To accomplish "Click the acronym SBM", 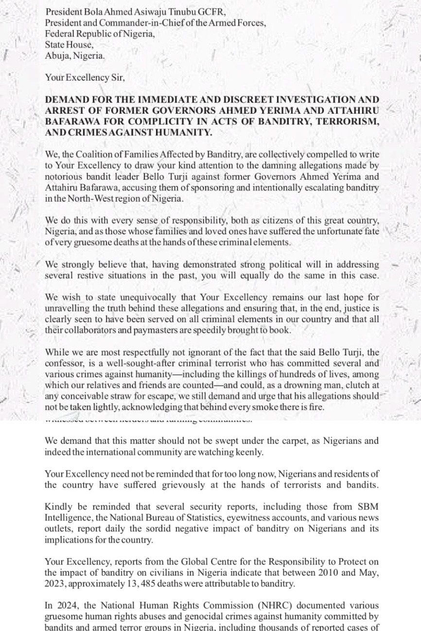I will [370, 507].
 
